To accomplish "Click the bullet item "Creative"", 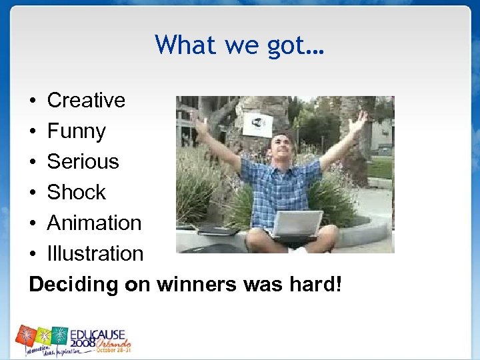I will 86,100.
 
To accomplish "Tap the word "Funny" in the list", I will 76,131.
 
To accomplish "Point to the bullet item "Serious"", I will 83,161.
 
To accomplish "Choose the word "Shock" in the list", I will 76,192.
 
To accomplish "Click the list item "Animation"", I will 94,223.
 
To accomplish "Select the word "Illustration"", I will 95,253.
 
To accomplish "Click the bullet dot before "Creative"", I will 33,101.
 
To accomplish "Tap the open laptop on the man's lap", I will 296,225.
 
